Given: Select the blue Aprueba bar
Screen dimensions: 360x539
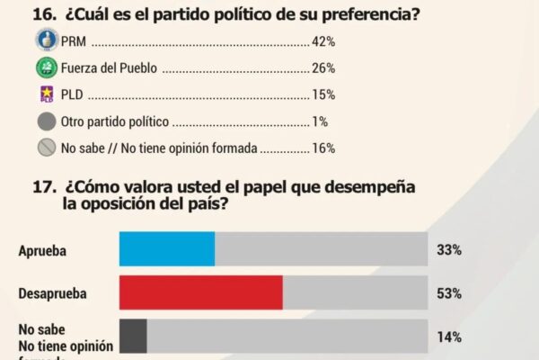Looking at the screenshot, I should pyautogui.click(x=167, y=248).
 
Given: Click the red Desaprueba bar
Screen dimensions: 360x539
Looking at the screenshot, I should pyautogui.click(x=201, y=292).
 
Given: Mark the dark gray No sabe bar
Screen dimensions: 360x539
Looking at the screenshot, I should pyautogui.click(x=133, y=337).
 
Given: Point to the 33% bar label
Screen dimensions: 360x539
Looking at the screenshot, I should pyautogui.click(x=450, y=249).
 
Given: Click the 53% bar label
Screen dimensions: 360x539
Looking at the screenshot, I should pyautogui.click(x=450, y=293).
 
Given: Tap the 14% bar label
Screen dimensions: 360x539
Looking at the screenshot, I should pyautogui.click(x=450, y=337).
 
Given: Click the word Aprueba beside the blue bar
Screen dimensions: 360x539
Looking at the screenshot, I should pyautogui.click(x=43, y=249).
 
